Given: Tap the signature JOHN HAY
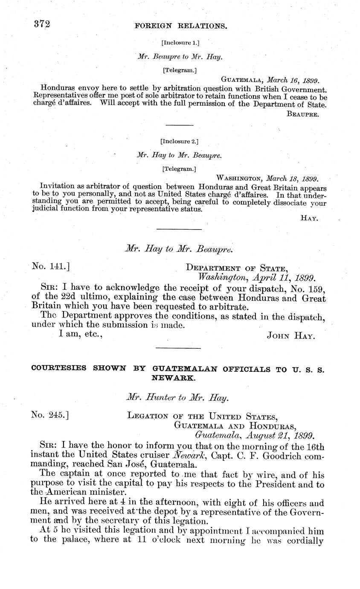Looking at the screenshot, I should pyautogui.click(x=291, y=336).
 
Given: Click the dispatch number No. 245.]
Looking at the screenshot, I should pyautogui.click(x=51, y=414).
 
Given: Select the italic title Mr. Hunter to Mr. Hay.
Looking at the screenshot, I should pyautogui.click(x=178, y=398).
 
